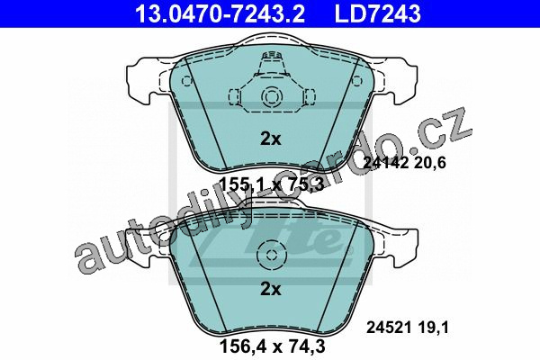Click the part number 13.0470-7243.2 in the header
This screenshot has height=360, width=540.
(x=220, y=13)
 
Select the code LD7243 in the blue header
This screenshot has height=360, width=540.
(x=377, y=13)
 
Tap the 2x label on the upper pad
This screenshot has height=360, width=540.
(x=271, y=139)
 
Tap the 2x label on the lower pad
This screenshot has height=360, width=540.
(x=271, y=290)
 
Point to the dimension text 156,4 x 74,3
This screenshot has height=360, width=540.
(x=272, y=346)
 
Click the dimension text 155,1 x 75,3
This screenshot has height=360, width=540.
(x=272, y=185)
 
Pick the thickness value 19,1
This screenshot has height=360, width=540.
(x=435, y=328)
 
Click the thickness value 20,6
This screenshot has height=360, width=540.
(x=430, y=162)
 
